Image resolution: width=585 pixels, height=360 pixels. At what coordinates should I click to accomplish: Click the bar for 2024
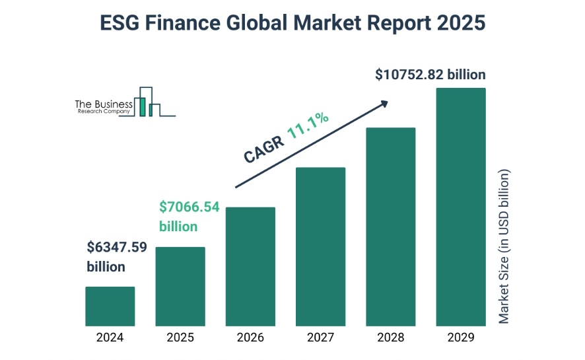pyautogui.click(x=110, y=306)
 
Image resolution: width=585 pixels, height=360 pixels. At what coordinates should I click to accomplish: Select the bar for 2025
pyautogui.click(x=180, y=287)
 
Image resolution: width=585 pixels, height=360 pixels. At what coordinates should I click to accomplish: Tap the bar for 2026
pyautogui.click(x=250, y=267)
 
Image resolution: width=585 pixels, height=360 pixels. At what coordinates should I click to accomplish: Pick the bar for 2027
pyautogui.click(x=320, y=246)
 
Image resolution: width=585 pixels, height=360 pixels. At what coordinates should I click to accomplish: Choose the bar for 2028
pyautogui.click(x=390, y=227)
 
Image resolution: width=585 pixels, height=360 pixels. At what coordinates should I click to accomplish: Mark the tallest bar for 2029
pyautogui.click(x=461, y=207)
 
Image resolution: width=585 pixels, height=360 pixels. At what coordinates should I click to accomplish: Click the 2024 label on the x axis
pyautogui.click(x=110, y=338)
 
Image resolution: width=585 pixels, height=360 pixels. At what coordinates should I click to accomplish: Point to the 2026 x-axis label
pyautogui.click(x=250, y=338)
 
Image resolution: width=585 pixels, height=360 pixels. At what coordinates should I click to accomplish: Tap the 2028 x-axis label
pyautogui.click(x=390, y=338)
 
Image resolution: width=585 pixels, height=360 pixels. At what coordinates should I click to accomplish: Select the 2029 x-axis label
pyautogui.click(x=461, y=338)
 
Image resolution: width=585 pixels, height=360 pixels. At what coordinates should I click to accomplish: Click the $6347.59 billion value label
pyautogui.click(x=116, y=257)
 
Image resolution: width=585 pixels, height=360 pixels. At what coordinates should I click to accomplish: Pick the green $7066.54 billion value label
pyautogui.click(x=188, y=217)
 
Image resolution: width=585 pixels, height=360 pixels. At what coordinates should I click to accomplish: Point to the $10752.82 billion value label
pyautogui.click(x=430, y=75)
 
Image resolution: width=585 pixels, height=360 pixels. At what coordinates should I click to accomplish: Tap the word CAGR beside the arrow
pyautogui.click(x=264, y=151)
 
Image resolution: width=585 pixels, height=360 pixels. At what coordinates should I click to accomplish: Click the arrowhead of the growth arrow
pyautogui.click(x=384, y=103)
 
